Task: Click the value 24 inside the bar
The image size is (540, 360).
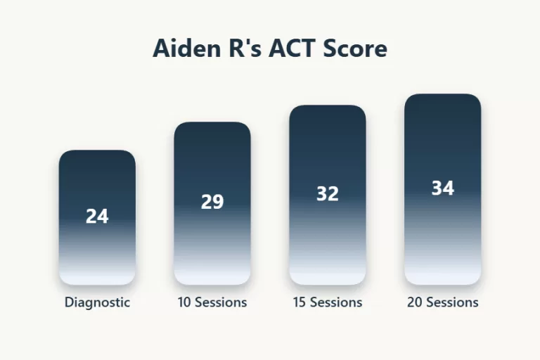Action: point(97,217)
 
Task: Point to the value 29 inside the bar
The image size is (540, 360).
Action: point(212,202)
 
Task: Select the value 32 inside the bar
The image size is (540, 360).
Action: point(328,193)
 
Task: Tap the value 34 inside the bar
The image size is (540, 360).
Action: point(443,188)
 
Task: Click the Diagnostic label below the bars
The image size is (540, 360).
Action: point(97,302)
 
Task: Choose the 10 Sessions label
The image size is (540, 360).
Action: point(212,302)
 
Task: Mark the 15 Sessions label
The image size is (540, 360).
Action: point(328,302)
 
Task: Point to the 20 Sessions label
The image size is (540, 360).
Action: point(443,302)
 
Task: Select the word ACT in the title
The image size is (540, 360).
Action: point(294,49)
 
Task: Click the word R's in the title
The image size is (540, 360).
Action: point(241,49)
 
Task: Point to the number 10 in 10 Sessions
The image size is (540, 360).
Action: point(184,302)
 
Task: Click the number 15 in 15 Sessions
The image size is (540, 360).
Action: point(300,302)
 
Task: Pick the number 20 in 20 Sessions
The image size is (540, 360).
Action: point(415,302)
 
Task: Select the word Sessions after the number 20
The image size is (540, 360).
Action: point(451,302)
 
